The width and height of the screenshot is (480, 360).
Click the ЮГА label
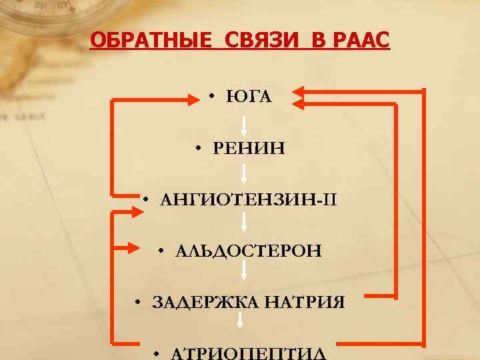[249, 97]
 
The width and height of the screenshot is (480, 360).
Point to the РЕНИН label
[249, 147]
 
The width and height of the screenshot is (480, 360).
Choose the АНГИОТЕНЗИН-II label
[249, 199]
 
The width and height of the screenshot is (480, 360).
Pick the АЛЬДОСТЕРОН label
[249, 251]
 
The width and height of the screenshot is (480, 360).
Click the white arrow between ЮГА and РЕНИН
[245, 124]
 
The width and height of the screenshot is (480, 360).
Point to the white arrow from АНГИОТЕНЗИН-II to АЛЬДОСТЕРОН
[245, 224]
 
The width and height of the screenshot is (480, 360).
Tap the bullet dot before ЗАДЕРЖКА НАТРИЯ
[136, 303]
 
